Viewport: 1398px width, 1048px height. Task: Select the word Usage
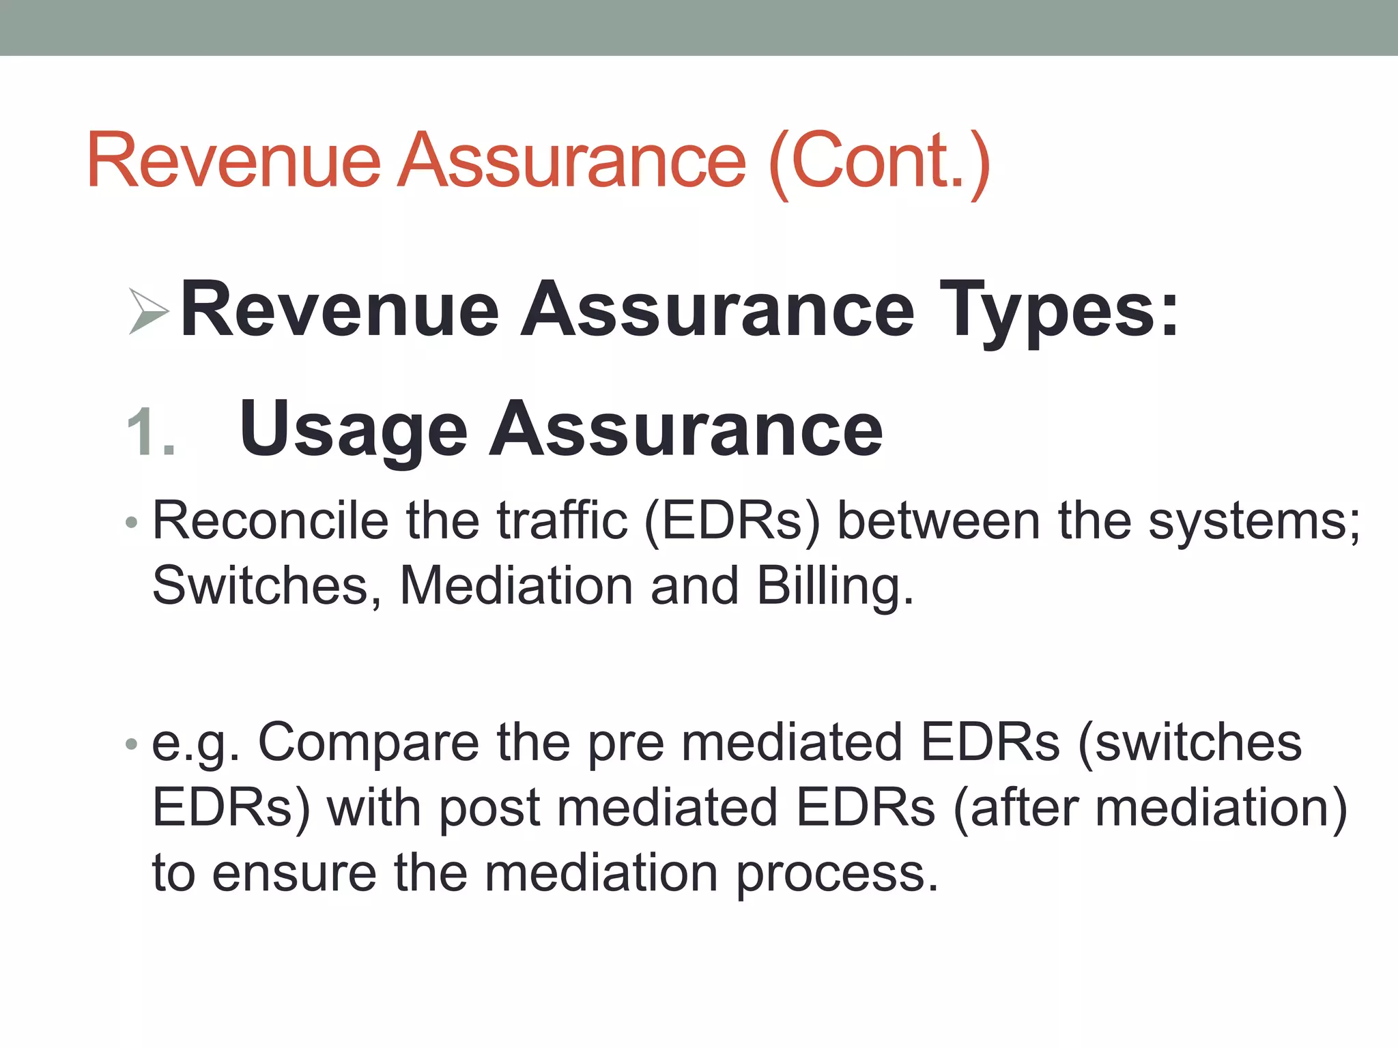[x=353, y=430]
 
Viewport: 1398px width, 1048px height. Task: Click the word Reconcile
[x=270, y=521]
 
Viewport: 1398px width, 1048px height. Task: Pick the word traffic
[x=562, y=521]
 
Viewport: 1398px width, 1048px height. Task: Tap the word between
[x=939, y=521]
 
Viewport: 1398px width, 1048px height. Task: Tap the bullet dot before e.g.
[x=132, y=744]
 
